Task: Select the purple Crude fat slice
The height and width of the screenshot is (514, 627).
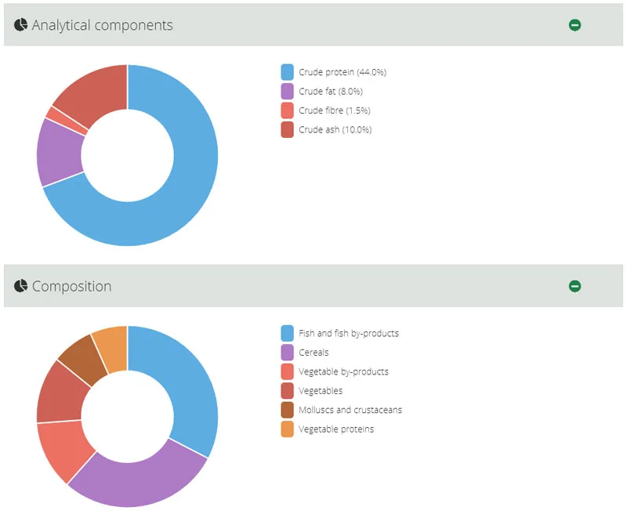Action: point(61,153)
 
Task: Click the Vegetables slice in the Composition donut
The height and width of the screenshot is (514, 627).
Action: point(58,393)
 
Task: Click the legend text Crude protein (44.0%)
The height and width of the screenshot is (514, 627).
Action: point(342,72)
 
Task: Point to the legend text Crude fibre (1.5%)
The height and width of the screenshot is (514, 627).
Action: point(334,110)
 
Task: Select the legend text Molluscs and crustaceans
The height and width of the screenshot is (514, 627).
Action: point(350,410)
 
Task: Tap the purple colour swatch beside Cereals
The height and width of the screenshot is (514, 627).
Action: point(287,353)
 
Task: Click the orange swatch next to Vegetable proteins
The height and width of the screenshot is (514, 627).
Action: point(287,429)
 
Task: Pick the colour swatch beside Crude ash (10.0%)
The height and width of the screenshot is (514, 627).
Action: point(287,129)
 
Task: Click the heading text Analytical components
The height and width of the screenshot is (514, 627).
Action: point(102,25)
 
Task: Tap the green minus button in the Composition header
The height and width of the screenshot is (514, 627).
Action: point(574,286)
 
